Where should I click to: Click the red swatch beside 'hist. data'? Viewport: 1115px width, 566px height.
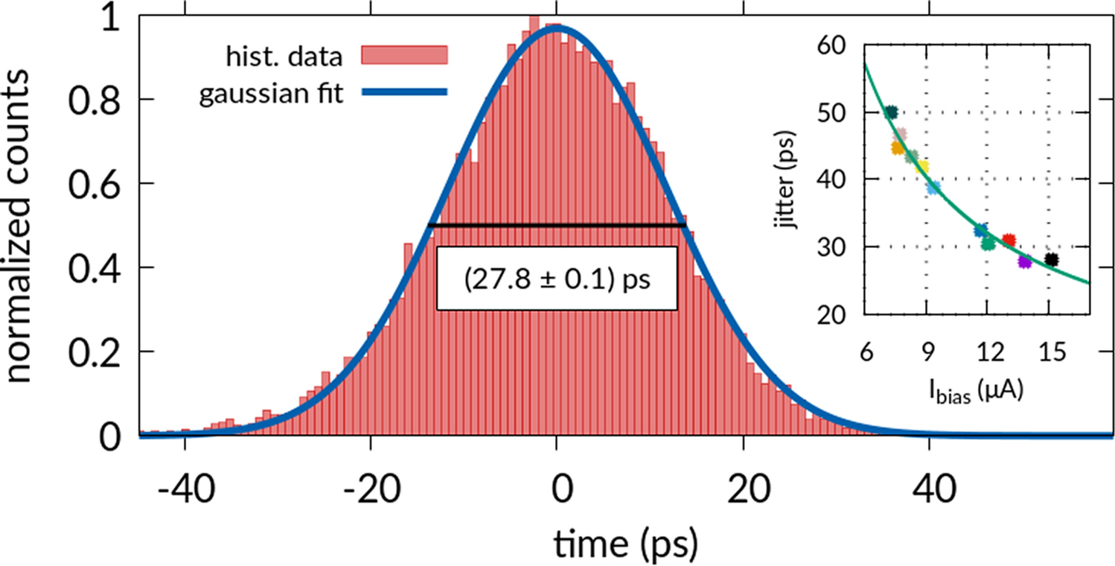click(x=403, y=55)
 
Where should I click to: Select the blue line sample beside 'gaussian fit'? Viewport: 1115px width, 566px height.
click(x=403, y=92)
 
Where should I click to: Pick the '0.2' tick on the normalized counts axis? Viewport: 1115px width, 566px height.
click(x=95, y=352)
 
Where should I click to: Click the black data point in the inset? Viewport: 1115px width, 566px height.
click(x=1051, y=259)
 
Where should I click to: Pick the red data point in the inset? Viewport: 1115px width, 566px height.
click(x=1009, y=240)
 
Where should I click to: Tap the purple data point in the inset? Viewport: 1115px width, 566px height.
click(x=1025, y=261)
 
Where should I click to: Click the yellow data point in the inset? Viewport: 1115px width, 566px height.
click(x=922, y=167)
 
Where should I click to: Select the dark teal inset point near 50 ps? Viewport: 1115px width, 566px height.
click(x=891, y=112)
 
